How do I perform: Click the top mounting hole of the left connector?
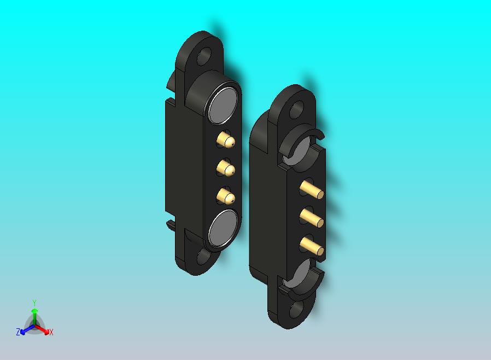206,55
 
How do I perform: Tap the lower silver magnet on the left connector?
223,229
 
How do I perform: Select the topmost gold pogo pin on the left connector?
226,140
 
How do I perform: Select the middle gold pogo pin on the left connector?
225,167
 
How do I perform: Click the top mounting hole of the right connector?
296,109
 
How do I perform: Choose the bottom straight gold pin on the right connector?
312,247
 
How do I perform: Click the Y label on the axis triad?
34,303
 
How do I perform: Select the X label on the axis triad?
51,332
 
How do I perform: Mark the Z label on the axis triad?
18,332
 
